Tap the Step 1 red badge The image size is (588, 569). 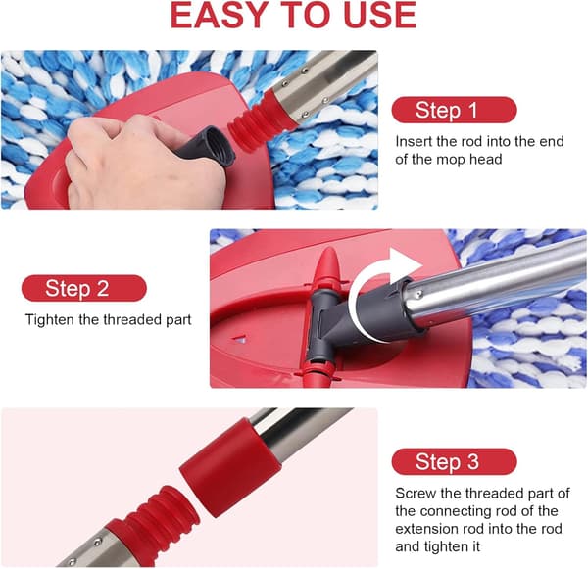click(x=454, y=110)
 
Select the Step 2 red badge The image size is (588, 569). click(x=84, y=288)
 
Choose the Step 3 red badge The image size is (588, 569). click(x=454, y=461)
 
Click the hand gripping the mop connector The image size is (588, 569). click(x=146, y=162)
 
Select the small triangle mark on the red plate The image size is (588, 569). click(x=240, y=340)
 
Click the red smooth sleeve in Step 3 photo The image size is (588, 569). click(x=230, y=467)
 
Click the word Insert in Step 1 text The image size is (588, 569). click(x=414, y=141)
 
